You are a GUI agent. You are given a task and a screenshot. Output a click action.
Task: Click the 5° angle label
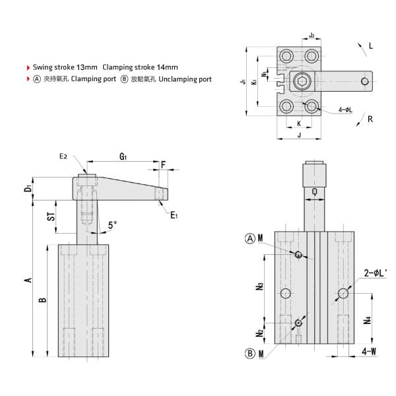point(112,225)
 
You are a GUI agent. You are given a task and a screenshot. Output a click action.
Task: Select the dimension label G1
point(123,157)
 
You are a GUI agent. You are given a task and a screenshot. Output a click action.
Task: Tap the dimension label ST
point(51,217)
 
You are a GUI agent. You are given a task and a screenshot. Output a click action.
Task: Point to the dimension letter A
point(28,280)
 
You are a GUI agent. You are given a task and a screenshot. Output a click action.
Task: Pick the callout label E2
point(63,156)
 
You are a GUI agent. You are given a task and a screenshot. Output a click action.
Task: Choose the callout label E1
point(174,214)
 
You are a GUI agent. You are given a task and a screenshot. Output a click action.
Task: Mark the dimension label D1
point(28,189)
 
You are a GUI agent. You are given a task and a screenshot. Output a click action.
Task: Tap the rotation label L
point(371,46)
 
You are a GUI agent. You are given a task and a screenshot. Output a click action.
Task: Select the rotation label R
point(371,119)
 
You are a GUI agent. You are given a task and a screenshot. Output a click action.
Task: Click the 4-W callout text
point(370,351)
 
